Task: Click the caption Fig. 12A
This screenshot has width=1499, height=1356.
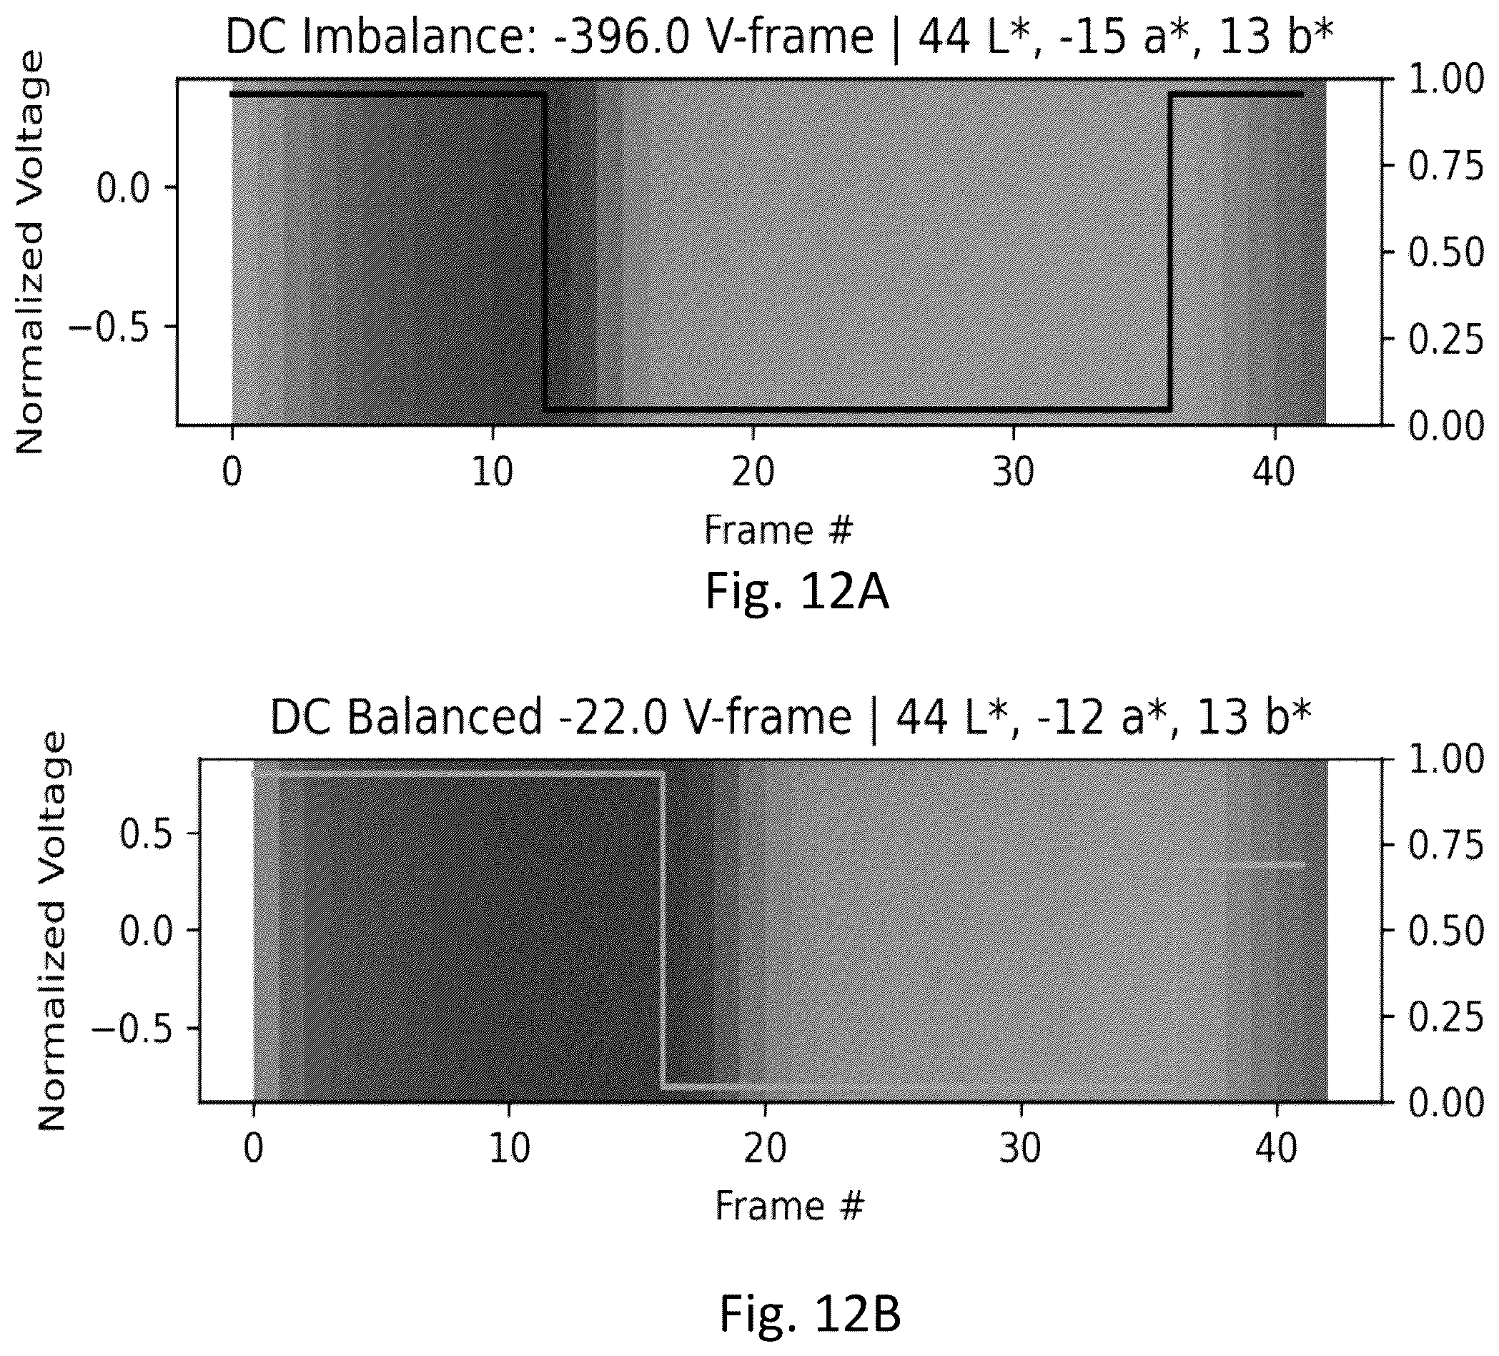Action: [x=796, y=593]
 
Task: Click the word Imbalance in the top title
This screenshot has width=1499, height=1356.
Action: [x=412, y=37]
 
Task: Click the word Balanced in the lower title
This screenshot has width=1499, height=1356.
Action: [x=445, y=718]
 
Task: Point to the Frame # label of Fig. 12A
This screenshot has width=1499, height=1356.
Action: [x=778, y=531]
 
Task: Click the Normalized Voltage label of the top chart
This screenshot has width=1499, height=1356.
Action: [x=31, y=252]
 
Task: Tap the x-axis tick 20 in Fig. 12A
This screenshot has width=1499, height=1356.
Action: [x=753, y=471]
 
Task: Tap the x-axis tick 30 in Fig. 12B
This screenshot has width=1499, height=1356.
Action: [x=1020, y=1149]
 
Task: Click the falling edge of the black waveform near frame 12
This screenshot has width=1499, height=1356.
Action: [x=545, y=252]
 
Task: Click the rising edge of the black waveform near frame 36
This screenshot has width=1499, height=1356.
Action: [x=1170, y=252]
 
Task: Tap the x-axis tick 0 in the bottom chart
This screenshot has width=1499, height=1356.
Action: [x=254, y=1149]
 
